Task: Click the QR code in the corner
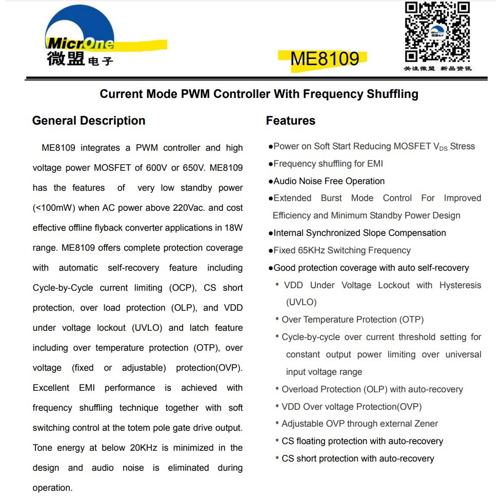(437, 32)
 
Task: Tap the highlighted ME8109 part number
(325, 59)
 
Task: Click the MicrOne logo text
(81, 44)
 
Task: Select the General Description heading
(89, 121)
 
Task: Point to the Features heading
(290, 121)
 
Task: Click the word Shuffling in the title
(392, 94)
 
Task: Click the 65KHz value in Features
(311, 251)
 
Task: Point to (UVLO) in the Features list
(302, 302)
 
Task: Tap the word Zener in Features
(425, 424)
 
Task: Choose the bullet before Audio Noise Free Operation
(270, 182)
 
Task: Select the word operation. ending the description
(52, 488)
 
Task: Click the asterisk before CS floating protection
(277, 442)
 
